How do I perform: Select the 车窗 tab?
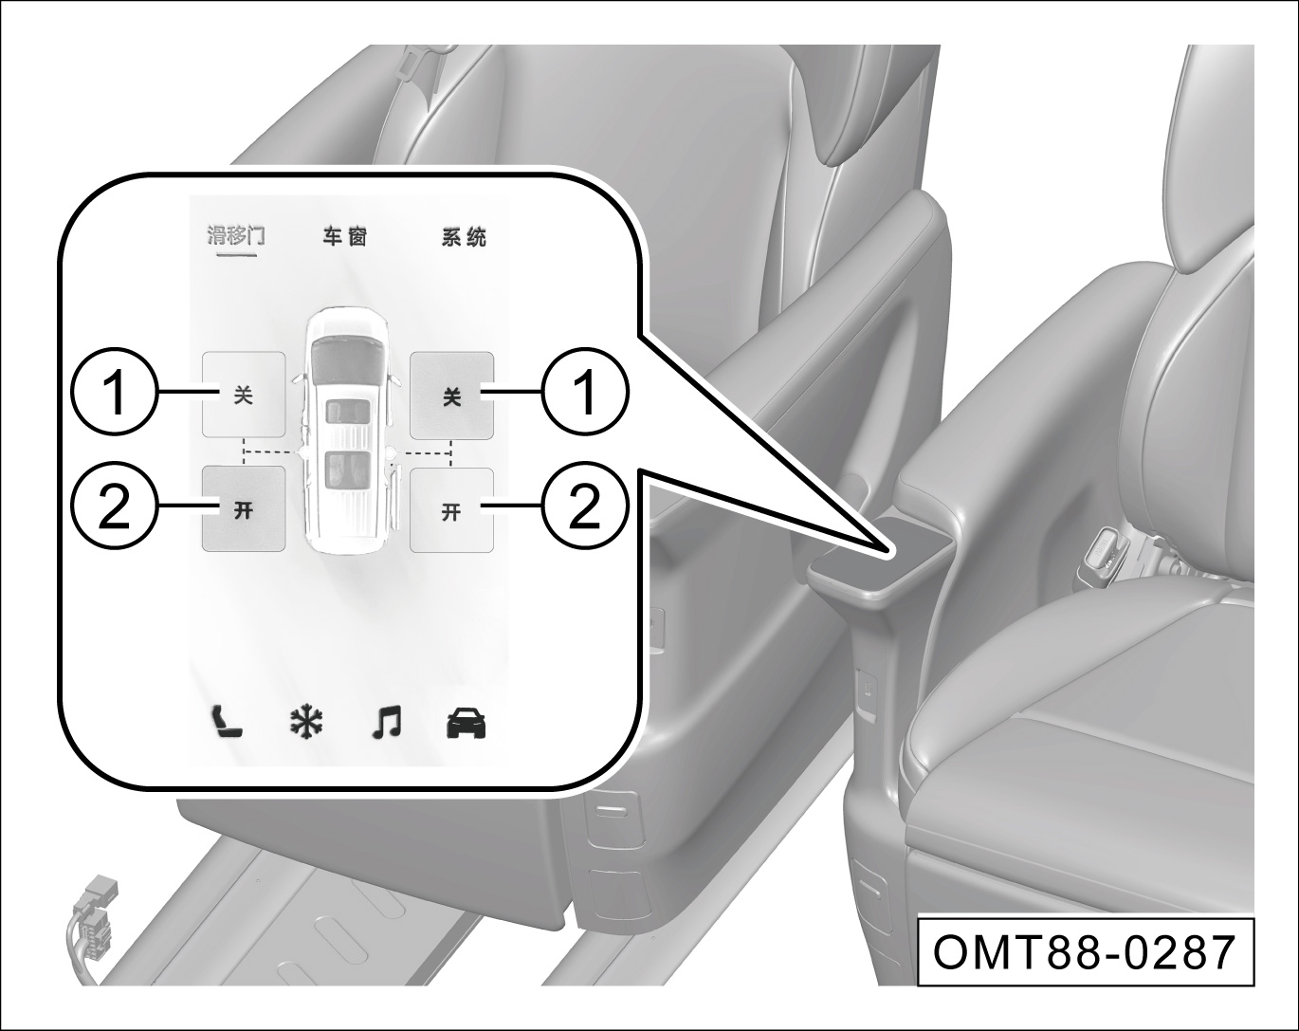pos(345,236)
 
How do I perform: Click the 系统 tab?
pos(464,236)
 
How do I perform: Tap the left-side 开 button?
pos(244,508)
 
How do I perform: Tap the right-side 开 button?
pos(451,510)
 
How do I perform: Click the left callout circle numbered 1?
pos(116,391)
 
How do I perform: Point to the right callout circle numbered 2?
pos(584,506)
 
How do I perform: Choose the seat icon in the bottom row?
pos(228,723)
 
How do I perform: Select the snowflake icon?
pos(306,723)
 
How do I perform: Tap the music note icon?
pos(386,723)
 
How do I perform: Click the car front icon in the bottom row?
pos(466,724)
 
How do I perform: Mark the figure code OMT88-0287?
pos(1086,953)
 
